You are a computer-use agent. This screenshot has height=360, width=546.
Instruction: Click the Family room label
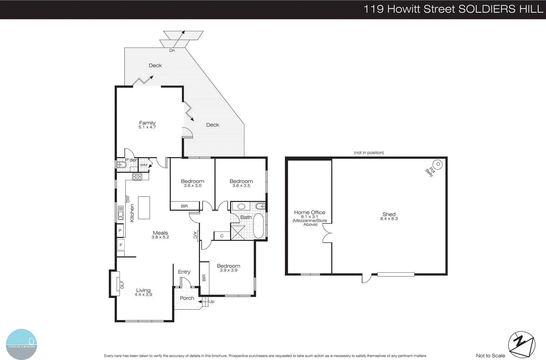pyautogui.click(x=147, y=123)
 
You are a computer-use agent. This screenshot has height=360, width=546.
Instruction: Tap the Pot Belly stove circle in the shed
pyautogui.click(x=437, y=164)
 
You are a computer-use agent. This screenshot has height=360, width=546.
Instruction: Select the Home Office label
pyautogui.click(x=310, y=212)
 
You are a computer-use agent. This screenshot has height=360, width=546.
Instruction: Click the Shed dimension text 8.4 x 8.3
pyautogui.click(x=389, y=219)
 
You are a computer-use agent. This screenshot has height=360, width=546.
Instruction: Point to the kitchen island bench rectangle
pyautogui.click(x=144, y=207)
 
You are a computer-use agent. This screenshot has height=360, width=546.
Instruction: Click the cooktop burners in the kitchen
pyautogui.click(x=137, y=176)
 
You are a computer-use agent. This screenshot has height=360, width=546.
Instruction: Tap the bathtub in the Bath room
pyautogui.click(x=258, y=226)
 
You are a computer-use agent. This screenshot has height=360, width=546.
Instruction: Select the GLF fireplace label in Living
pyautogui.click(x=121, y=284)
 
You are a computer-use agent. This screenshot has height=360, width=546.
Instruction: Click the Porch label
pyautogui.click(x=187, y=298)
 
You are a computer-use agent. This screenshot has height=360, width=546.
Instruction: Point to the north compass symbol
pyautogui.click(x=521, y=344)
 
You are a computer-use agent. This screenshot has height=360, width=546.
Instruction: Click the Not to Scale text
pyautogui.click(x=490, y=356)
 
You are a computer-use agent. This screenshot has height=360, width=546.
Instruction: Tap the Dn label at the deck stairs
pyautogui.click(x=172, y=51)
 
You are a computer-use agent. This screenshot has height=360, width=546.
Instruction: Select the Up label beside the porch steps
pyautogui.click(x=212, y=302)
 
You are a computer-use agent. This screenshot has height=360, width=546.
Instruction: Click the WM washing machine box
pyautogui.click(x=144, y=165)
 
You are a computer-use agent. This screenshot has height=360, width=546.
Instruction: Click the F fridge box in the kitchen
pyautogui.click(x=120, y=245)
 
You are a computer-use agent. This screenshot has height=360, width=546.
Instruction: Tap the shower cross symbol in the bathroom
pyautogui.click(x=238, y=232)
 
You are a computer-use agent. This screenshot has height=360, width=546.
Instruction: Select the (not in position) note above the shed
pyautogui.click(x=369, y=153)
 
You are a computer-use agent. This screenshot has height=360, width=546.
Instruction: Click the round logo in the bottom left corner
pyautogui.click(x=21, y=344)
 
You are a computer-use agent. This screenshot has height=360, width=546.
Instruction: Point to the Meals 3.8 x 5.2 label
pyautogui.click(x=160, y=235)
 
